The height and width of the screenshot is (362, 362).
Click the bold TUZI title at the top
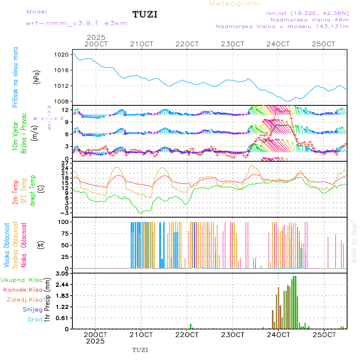145,14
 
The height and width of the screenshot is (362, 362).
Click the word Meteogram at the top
234,4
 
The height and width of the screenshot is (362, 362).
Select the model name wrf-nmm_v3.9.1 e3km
76,23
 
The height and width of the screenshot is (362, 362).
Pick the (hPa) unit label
37,76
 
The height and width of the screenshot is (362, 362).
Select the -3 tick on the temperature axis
64,213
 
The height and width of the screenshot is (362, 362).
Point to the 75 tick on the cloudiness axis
64,233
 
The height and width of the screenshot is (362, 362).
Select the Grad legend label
35,319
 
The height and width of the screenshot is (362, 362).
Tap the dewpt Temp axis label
32,190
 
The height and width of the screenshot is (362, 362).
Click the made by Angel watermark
354,241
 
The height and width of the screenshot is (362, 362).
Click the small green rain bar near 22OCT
191,326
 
